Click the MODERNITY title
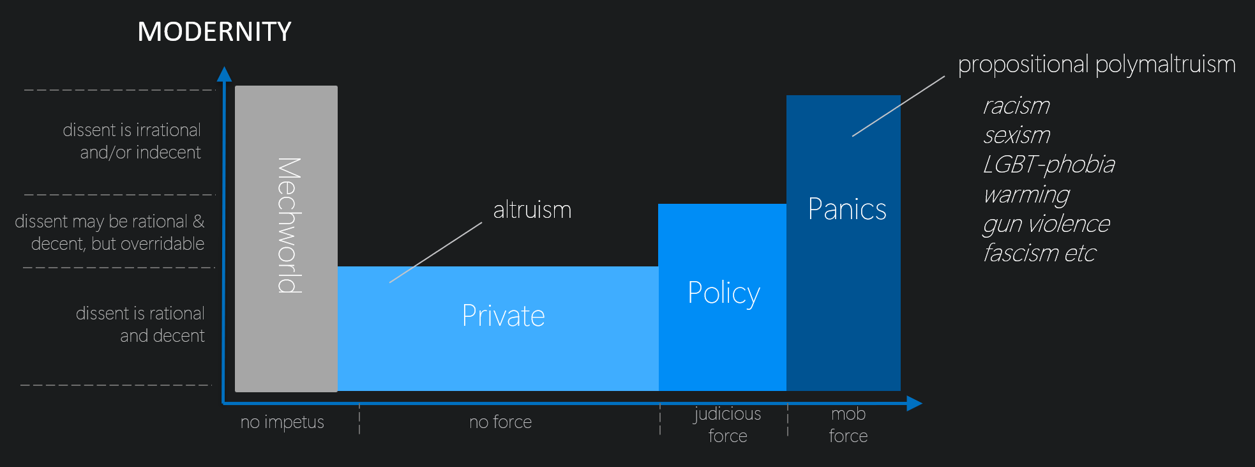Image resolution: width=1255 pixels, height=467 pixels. [214, 32]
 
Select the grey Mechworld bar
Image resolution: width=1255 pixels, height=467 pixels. [286, 238]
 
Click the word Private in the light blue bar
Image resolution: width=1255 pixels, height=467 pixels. [503, 316]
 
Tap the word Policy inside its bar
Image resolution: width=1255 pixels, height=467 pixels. [724, 293]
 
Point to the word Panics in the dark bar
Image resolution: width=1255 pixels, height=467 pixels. [847, 209]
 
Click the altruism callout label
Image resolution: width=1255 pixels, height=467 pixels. [532, 210]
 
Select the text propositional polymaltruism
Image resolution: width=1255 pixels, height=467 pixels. [1097, 64]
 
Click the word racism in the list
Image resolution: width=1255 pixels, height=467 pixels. [1016, 105]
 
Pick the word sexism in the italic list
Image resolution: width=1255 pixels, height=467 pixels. [1016, 135]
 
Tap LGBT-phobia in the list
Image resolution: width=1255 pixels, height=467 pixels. [1049, 165]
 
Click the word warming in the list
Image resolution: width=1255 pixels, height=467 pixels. [1026, 194]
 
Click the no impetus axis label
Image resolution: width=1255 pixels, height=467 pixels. [282, 422]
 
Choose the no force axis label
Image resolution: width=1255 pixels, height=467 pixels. [500, 422]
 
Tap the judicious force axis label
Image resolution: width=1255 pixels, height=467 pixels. [728, 425]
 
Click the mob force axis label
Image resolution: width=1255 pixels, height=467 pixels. [848, 425]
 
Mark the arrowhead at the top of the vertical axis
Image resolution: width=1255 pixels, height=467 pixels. [224, 74]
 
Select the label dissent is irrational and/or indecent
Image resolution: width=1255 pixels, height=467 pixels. [132, 141]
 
